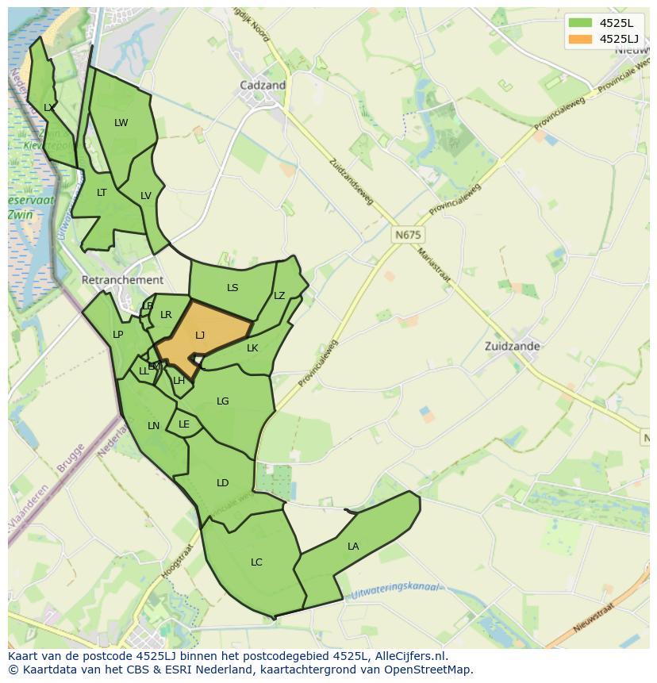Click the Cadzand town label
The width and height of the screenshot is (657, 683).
263,85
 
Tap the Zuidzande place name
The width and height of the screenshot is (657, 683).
513,346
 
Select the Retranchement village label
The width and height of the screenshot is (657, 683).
122,280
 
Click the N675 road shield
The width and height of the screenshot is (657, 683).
408,236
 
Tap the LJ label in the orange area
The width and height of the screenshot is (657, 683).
200,336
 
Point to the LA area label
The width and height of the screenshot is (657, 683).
353,546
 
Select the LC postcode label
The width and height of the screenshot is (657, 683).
256,562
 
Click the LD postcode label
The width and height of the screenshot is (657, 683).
223,482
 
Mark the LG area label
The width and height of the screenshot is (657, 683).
223,401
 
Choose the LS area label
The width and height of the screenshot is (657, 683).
232,287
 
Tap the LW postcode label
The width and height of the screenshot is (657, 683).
121,122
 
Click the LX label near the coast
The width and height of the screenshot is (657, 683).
49,107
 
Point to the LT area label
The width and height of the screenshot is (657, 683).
102,192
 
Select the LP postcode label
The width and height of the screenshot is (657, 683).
117,334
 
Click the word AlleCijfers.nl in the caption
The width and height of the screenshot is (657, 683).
410,656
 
